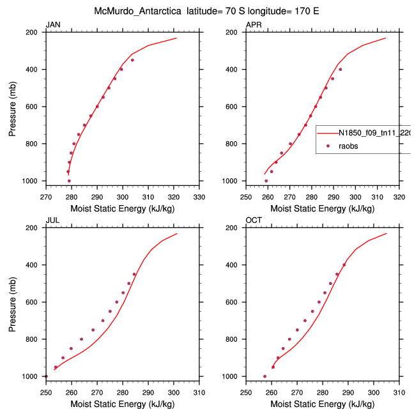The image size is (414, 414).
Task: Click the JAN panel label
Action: [x=52, y=25]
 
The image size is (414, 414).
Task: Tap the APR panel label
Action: [x=254, y=25]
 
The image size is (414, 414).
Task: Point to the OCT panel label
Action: [x=254, y=220]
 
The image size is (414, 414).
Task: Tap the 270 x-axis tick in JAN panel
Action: [x=45, y=197]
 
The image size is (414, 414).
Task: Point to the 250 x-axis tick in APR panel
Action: [x=246, y=197]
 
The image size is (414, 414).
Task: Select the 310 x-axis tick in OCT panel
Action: [x=399, y=392]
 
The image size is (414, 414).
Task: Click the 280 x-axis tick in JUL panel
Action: [x=123, y=392]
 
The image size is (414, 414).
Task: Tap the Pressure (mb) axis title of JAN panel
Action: [x=13, y=107]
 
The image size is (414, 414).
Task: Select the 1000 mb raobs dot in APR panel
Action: [x=266, y=181]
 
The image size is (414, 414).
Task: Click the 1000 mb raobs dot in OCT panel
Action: [x=265, y=376]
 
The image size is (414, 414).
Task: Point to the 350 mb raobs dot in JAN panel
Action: [x=132, y=60]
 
